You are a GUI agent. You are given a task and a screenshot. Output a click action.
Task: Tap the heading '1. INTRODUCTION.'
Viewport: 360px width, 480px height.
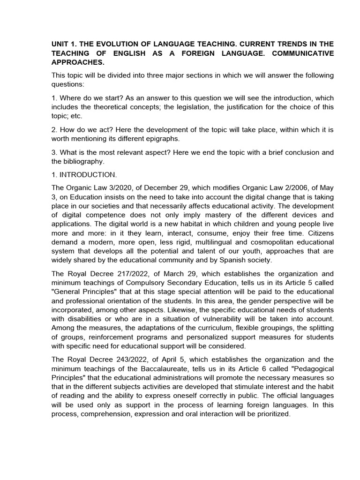84,175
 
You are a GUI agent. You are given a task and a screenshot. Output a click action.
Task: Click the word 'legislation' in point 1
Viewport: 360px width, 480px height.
176,107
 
